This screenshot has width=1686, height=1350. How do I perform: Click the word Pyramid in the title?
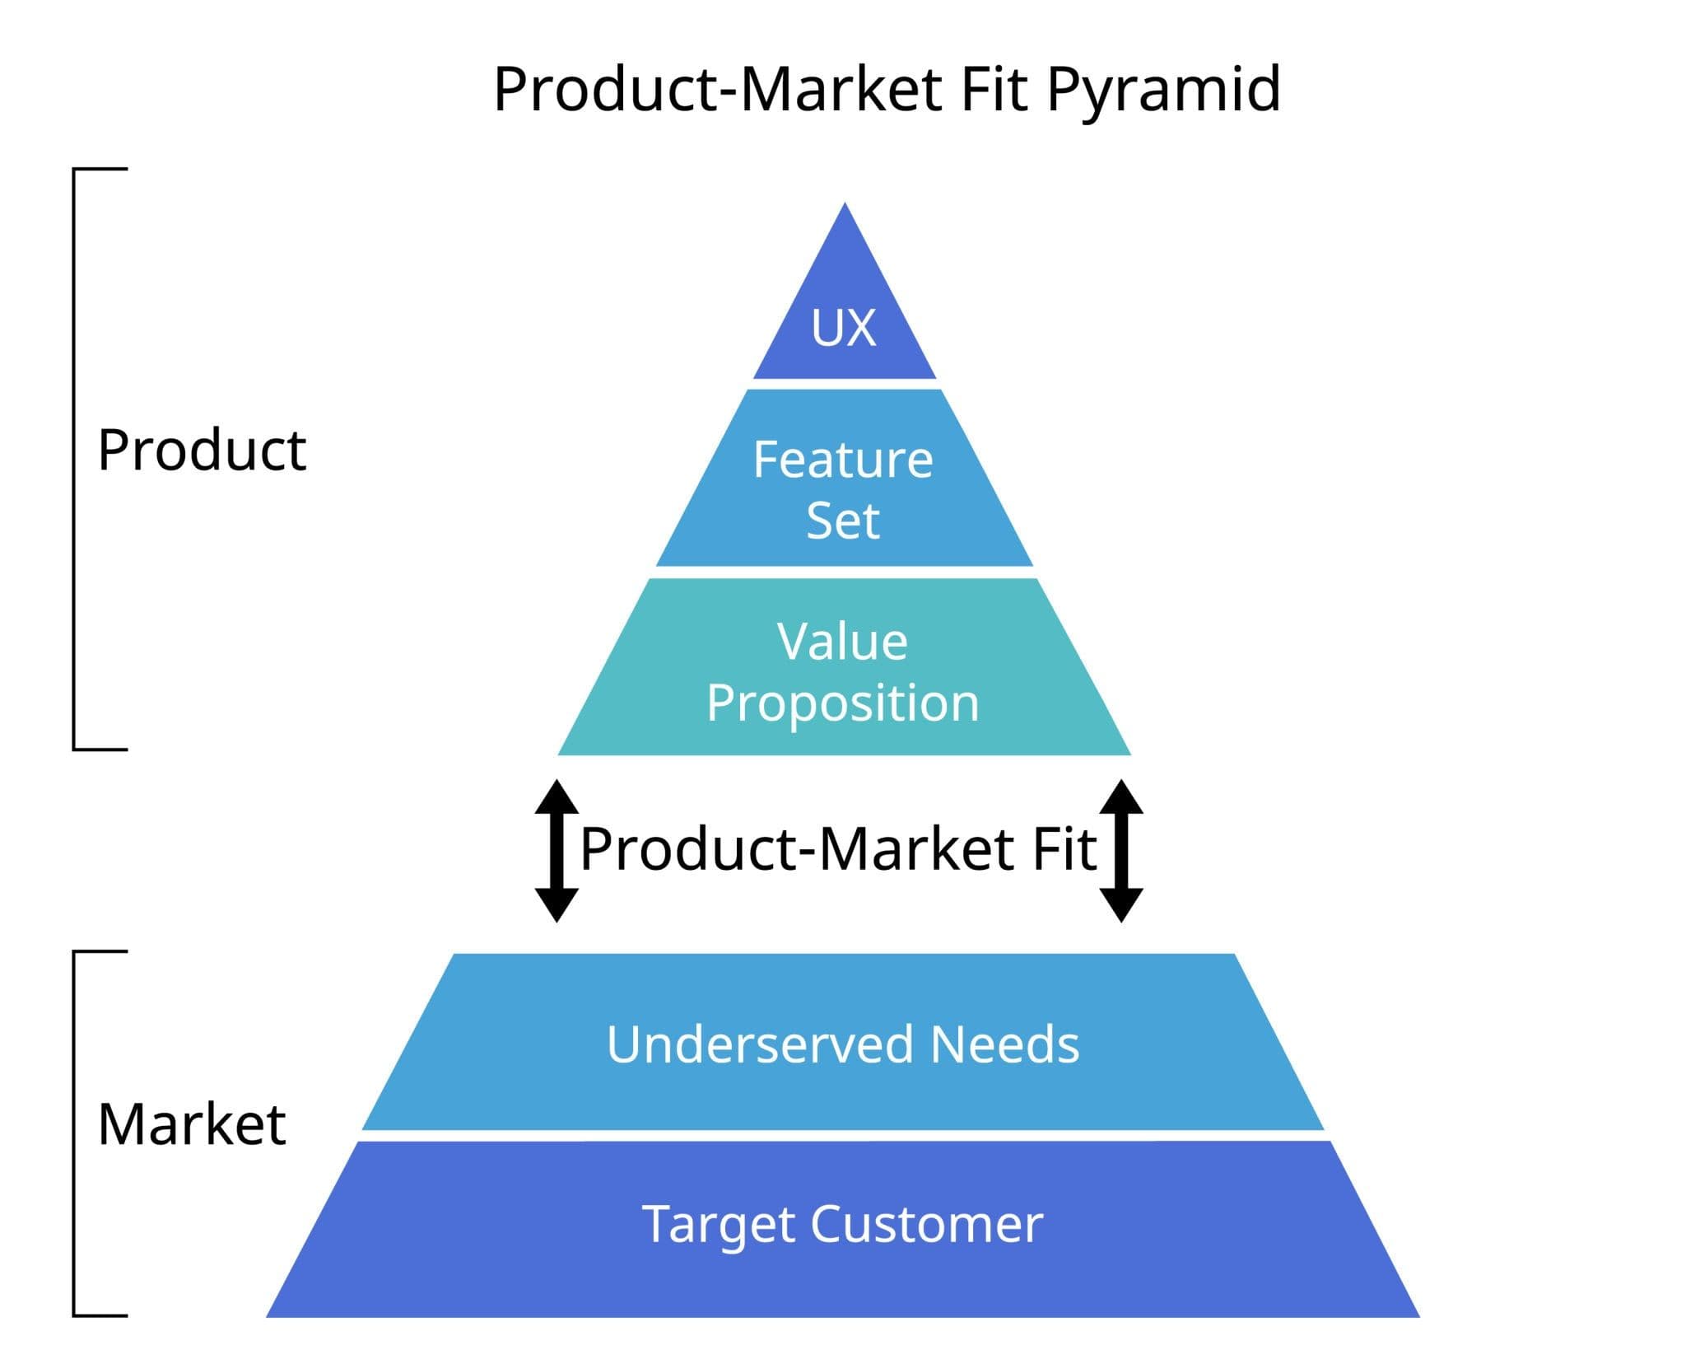pyautogui.click(x=1163, y=91)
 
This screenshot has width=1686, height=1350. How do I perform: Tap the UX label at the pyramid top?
pyautogui.click(x=844, y=328)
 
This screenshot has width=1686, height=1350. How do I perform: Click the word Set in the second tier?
pyautogui.click(x=843, y=521)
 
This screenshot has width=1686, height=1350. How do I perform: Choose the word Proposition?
pyautogui.click(x=843, y=703)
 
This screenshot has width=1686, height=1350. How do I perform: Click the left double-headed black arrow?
pyautogui.click(x=557, y=850)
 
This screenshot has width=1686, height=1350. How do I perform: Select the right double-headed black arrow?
pyautogui.click(x=1121, y=850)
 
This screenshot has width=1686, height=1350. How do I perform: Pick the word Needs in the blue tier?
pyautogui.click(x=1005, y=1044)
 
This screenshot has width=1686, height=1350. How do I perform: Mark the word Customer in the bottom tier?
pyautogui.click(x=927, y=1224)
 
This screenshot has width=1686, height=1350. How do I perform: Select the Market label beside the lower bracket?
pyautogui.click(x=192, y=1124)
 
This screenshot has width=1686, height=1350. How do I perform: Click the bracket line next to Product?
pyautogui.click(x=74, y=459)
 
